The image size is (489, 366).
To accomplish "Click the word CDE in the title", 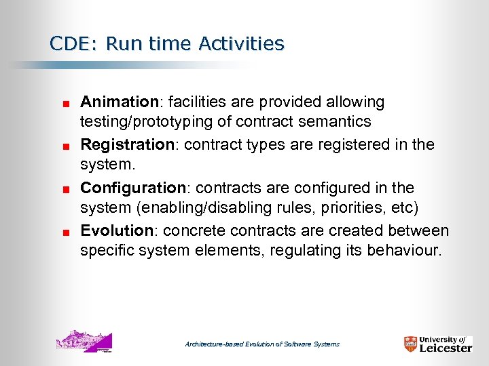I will [x=68, y=44].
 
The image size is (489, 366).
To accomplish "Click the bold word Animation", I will [x=119, y=102].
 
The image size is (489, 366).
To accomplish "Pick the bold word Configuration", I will [x=133, y=188].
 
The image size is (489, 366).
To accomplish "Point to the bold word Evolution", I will [x=117, y=230].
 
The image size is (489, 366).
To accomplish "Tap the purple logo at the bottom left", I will [x=84, y=341].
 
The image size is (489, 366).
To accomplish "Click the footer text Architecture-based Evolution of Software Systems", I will [x=262, y=344].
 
